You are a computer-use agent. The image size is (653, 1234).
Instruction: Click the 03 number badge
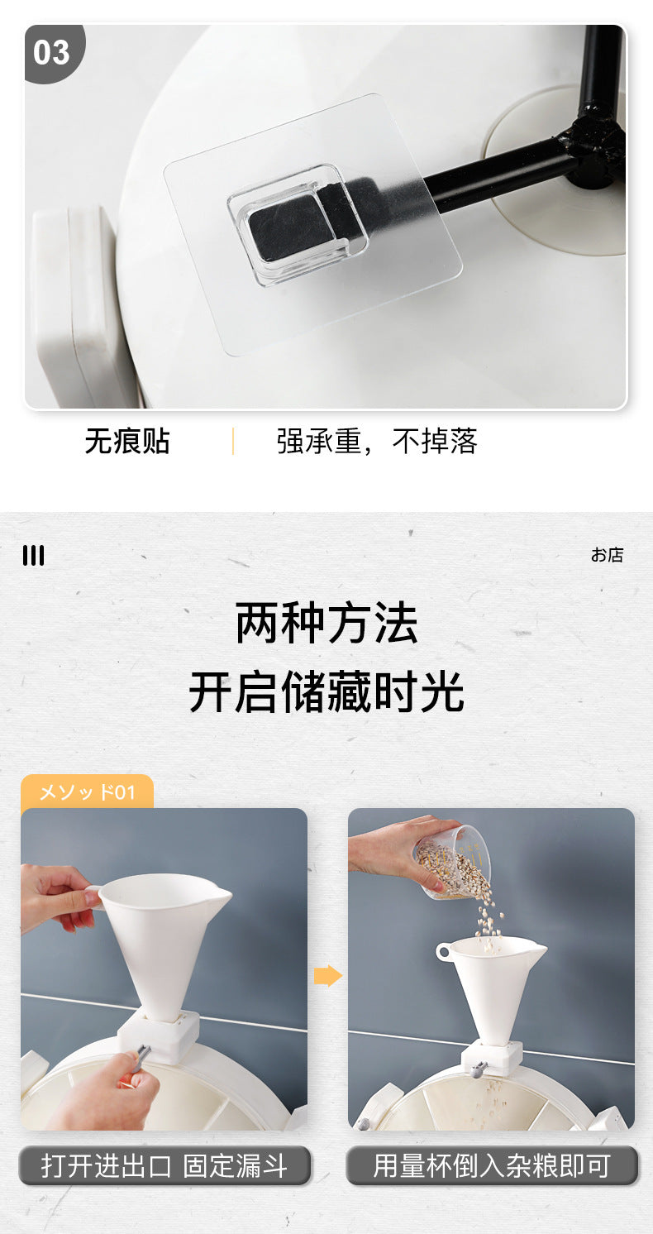coord(52,53)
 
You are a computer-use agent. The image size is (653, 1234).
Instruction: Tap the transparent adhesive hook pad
coord(312,224)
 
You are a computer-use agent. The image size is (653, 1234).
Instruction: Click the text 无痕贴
coord(127,442)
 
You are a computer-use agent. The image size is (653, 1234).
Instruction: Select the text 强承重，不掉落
coord(377,442)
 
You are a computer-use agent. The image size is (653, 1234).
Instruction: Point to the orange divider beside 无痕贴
coord(233,442)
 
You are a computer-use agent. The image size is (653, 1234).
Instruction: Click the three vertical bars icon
coord(34,555)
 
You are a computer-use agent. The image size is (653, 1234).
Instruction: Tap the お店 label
coord(607,555)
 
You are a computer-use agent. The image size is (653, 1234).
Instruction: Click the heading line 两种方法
coord(326,623)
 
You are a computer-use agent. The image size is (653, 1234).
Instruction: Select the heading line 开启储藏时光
coord(326,692)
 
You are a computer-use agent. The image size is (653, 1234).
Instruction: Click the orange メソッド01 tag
coord(87,792)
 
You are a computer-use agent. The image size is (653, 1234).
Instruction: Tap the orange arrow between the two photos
coord(328,976)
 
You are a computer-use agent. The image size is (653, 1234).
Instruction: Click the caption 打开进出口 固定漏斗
coord(164,1166)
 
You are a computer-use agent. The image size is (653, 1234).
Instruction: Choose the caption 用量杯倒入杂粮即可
coord(492,1166)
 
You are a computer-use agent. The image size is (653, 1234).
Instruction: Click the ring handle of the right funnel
coord(444,951)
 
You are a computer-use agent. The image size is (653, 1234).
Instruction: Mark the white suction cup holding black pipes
coord(556,170)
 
